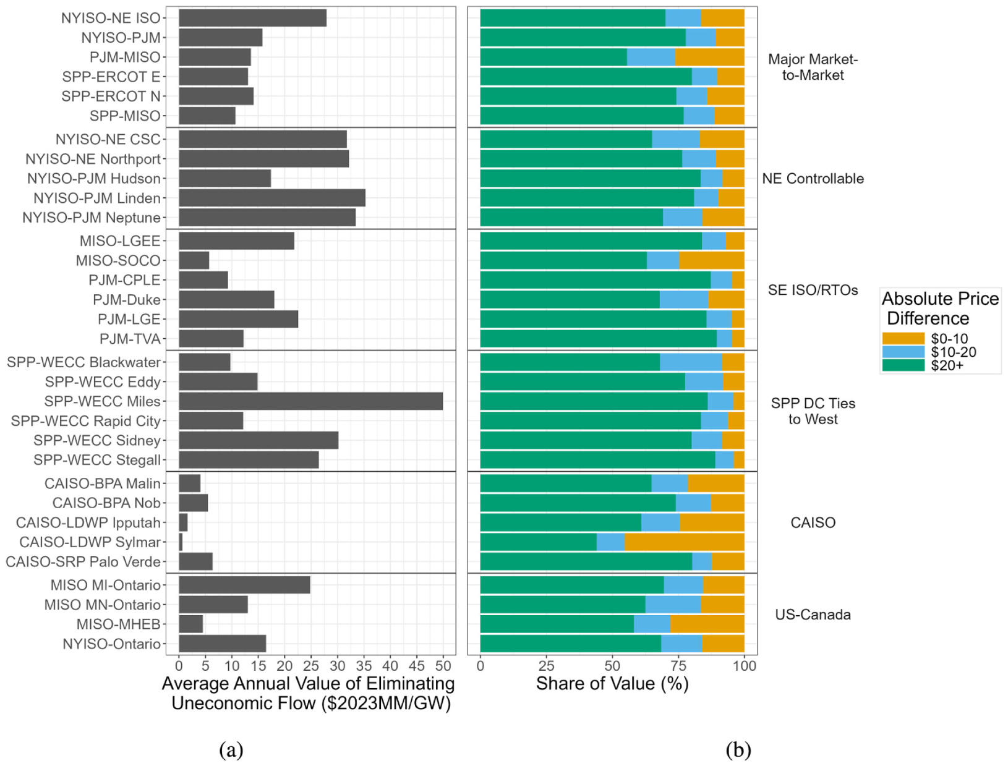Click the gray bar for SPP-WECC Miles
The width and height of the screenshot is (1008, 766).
point(311,401)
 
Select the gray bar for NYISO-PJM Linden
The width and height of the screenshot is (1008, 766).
point(272,198)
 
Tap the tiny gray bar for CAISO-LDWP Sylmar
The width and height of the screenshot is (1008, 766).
point(181,542)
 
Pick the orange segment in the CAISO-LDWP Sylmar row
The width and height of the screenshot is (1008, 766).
point(684,542)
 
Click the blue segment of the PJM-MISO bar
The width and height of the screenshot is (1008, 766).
point(651,57)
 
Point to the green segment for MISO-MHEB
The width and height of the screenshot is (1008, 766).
point(557,624)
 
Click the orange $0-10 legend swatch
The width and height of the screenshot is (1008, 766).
point(903,338)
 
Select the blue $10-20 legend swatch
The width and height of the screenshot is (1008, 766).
point(903,352)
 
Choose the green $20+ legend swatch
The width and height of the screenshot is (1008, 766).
point(903,365)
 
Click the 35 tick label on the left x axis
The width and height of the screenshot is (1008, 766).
point(364,665)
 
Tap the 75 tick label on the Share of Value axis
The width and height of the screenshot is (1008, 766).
point(679,665)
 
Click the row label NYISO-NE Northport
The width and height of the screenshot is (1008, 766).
point(93,159)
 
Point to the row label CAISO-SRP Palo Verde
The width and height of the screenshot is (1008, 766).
point(83,562)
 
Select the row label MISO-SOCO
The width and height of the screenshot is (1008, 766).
point(118,261)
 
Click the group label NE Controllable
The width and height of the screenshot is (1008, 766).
point(813,179)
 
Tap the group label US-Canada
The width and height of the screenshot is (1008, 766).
point(813,615)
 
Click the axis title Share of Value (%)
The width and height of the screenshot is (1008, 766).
point(612,683)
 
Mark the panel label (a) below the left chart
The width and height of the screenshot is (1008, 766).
point(231,750)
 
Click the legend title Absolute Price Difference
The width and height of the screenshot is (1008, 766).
point(940,309)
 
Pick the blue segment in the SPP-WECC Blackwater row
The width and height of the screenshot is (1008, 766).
point(691,362)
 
